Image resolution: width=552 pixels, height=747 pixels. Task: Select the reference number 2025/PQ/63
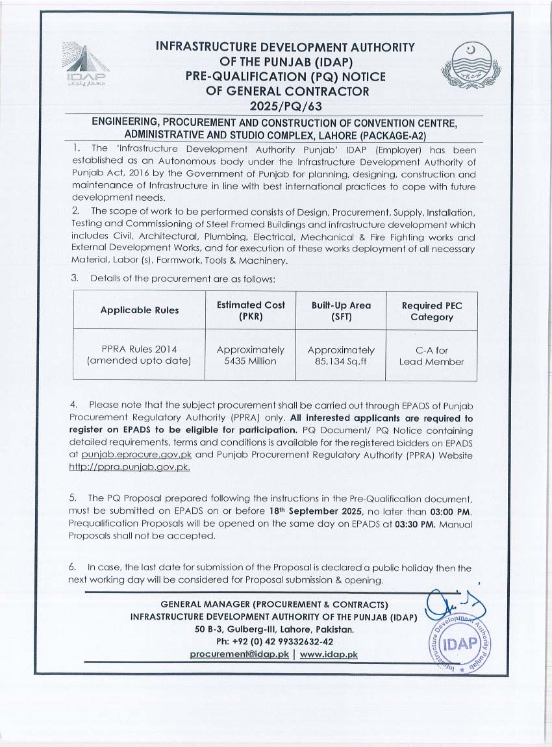[x=286, y=105]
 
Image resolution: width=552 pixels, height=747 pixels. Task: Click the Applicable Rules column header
[x=139, y=310]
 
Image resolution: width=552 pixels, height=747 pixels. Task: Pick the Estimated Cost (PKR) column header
[x=250, y=310]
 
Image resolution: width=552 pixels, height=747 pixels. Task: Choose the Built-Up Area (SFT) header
[x=341, y=310]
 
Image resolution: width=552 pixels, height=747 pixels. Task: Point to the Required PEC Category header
[x=431, y=310]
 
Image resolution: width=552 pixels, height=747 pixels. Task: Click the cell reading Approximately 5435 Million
[x=250, y=355]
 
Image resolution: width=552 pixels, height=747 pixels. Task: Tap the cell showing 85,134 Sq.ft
[x=341, y=361]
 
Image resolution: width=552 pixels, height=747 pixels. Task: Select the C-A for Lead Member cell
[x=431, y=356]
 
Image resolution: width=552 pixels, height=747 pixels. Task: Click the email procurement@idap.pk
[x=239, y=654]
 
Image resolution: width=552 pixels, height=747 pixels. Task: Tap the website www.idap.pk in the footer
[x=329, y=654]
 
